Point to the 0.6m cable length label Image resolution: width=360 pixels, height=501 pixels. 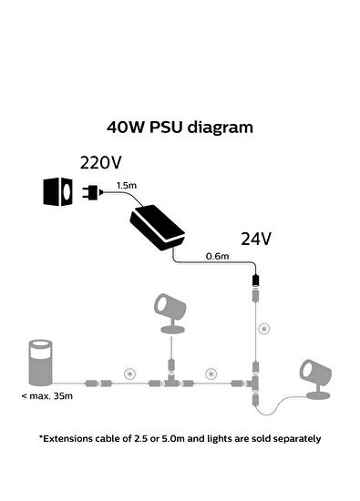point(218,256)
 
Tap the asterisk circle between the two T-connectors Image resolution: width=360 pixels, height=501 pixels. point(212,373)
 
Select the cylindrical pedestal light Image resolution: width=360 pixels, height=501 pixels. point(38,358)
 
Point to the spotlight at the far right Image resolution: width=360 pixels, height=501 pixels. point(315,377)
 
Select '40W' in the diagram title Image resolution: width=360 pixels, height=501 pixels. point(126,128)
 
